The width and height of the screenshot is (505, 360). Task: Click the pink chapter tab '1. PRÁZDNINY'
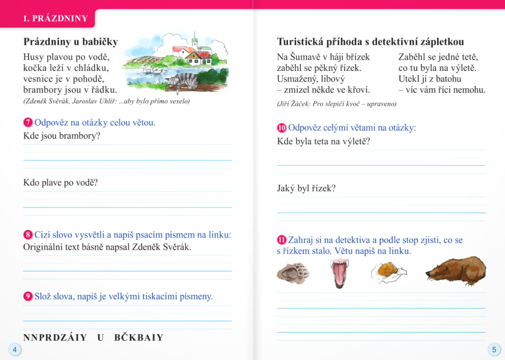pos(55,19)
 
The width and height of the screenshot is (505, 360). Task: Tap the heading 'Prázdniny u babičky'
pos(70,42)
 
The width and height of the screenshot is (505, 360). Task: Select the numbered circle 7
pos(28,123)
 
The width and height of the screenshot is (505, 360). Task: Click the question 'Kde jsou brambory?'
pos(62,136)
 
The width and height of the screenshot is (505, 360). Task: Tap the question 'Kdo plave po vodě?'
pos(60,183)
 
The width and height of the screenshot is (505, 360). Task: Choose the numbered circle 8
pos(28,235)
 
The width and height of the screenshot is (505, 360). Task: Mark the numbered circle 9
pos(28,296)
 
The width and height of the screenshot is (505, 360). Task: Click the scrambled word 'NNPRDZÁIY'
pos(55,338)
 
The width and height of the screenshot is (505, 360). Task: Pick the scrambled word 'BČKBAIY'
pos(139,338)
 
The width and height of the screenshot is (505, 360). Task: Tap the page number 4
pos(14,349)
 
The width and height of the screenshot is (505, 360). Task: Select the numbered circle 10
pos(281,128)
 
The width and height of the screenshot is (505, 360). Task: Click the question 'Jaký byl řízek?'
pos(306,188)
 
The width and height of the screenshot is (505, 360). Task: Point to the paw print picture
pos(293,273)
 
